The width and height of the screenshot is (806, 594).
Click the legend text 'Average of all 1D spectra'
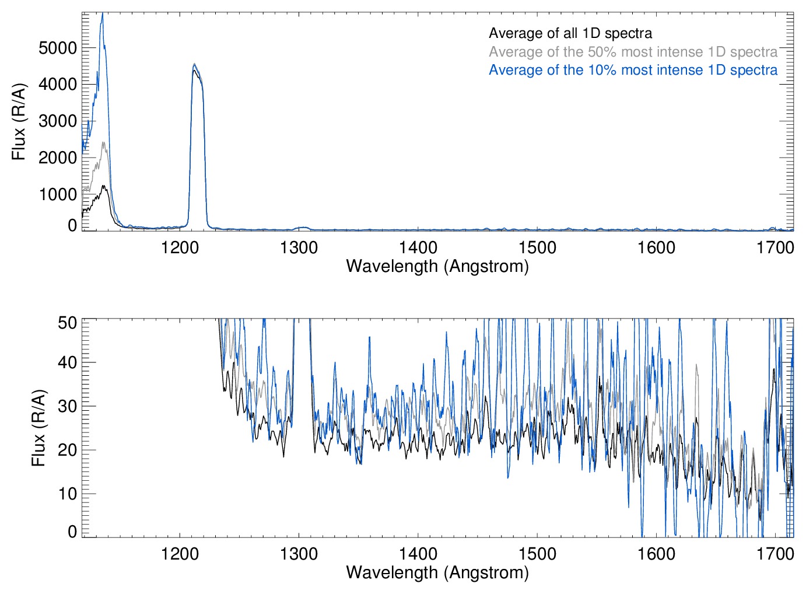coord(570,33)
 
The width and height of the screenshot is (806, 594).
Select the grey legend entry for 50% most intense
coord(633,52)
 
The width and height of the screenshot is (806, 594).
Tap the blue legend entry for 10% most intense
coord(633,70)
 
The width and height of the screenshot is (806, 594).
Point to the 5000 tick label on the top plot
coord(58,48)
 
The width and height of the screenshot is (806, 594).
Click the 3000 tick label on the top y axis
coord(58,121)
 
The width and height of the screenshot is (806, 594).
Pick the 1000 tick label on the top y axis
coord(58,194)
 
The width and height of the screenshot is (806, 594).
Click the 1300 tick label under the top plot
coord(299,247)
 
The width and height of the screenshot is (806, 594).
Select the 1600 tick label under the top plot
coord(656,247)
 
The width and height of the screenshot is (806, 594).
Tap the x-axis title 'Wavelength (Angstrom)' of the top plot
coord(437,266)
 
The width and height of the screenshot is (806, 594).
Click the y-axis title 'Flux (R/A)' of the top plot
coord(19,121)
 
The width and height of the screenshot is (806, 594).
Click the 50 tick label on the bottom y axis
coord(67,323)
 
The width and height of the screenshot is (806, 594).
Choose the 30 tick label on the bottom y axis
coord(67,406)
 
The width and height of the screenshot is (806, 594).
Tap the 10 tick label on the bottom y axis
coord(67,494)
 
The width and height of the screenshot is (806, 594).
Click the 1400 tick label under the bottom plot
coord(418,553)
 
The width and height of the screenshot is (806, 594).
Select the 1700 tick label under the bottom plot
coord(775,553)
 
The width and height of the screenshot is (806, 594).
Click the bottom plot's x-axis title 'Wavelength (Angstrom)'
coord(437,572)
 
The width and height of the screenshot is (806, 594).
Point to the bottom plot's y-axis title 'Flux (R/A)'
coord(38,428)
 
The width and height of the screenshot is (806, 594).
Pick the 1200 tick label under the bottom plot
coord(180,553)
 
